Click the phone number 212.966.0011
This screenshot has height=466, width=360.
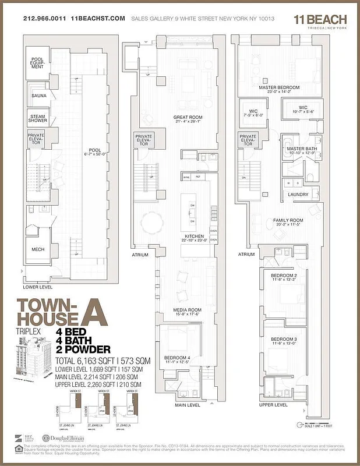(x=44, y=19)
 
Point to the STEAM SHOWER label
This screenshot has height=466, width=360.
(x=37, y=119)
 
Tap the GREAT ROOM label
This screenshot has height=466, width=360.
(x=188, y=117)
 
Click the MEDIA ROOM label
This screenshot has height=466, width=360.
(x=187, y=310)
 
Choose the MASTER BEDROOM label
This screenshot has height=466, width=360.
(x=278, y=87)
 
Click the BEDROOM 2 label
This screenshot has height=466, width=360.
(x=284, y=275)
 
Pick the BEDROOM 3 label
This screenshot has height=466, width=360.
(x=284, y=339)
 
